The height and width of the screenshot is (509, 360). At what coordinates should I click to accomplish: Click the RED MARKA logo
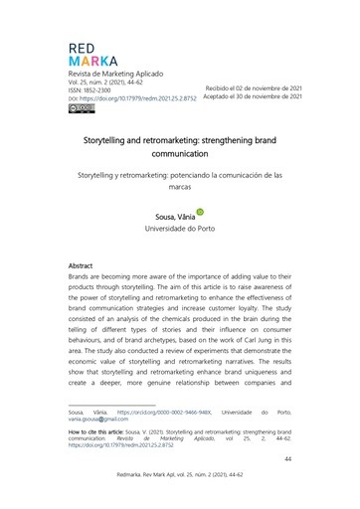tap(92, 56)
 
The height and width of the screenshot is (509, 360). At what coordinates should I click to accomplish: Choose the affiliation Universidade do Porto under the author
tap(179, 229)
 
